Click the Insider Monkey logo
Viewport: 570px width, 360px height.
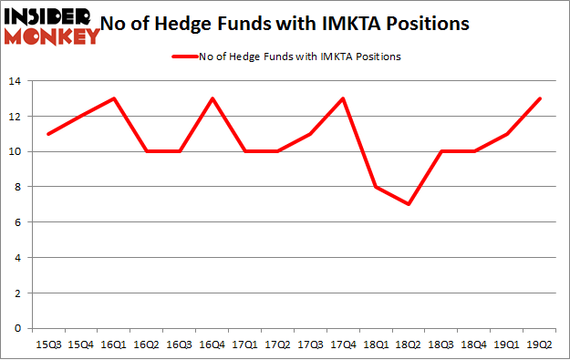coord(51,26)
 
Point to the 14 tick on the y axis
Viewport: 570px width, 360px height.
coord(16,82)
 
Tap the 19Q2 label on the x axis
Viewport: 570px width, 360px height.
coord(538,344)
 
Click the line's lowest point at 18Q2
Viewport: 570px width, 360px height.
coord(408,204)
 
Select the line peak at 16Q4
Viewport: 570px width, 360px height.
coord(212,98)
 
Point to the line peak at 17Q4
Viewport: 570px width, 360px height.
coord(342,98)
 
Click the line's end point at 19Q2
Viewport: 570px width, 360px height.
coord(538,98)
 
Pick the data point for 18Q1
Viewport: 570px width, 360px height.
coord(375,187)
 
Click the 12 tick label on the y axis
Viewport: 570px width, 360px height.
coord(16,117)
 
